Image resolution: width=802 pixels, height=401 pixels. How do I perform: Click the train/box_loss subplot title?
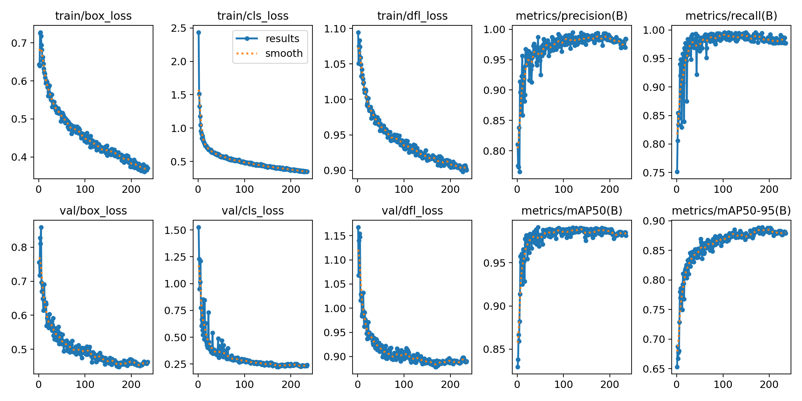click(93, 16)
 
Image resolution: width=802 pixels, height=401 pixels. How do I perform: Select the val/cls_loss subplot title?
click(253, 211)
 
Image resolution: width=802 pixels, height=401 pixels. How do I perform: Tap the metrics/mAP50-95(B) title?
click(731, 211)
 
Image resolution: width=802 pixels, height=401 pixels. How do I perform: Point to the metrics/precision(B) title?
click(571, 16)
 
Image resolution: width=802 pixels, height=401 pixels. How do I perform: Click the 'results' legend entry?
click(282, 39)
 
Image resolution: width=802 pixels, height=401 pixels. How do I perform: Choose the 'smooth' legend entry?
click(284, 53)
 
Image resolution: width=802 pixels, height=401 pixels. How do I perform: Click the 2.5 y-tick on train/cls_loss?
click(179, 28)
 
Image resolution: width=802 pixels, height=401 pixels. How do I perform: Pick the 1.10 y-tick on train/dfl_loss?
click(335, 29)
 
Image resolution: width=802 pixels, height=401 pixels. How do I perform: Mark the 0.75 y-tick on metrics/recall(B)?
click(654, 173)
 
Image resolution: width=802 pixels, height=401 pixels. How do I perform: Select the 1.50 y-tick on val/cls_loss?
click(175, 230)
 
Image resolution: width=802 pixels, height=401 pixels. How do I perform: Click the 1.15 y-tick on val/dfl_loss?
click(335, 236)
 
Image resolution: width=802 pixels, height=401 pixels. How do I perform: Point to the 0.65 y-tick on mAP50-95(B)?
click(654, 369)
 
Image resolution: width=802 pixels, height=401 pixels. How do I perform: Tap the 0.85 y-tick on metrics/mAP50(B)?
click(495, 350)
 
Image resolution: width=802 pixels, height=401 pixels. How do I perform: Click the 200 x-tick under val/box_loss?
click(131, 385)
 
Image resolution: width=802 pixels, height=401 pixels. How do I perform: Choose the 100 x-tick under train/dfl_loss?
click(404, 189)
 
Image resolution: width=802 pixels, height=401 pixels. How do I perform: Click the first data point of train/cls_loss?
click(198, 32)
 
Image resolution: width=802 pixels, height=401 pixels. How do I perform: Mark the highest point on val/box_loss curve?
click(41, 227)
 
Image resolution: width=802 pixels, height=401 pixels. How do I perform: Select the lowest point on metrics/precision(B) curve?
click(520, 172)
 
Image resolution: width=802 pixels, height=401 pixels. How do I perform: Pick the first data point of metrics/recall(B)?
click(677, 172)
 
